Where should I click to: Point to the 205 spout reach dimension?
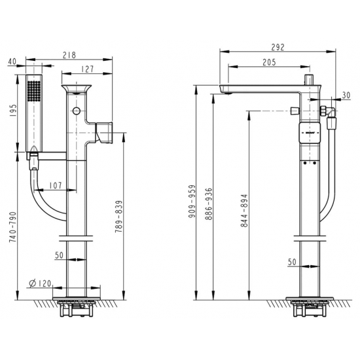coord(268,62)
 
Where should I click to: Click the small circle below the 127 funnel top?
coord(76,109)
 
